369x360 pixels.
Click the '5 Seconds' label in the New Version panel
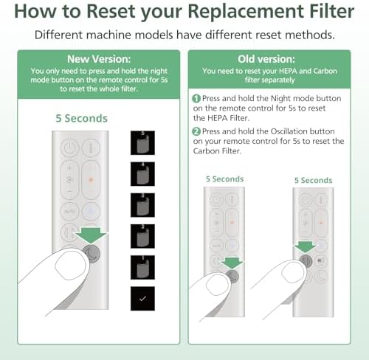81,118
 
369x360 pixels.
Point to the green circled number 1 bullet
196,98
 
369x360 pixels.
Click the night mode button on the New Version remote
94,250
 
